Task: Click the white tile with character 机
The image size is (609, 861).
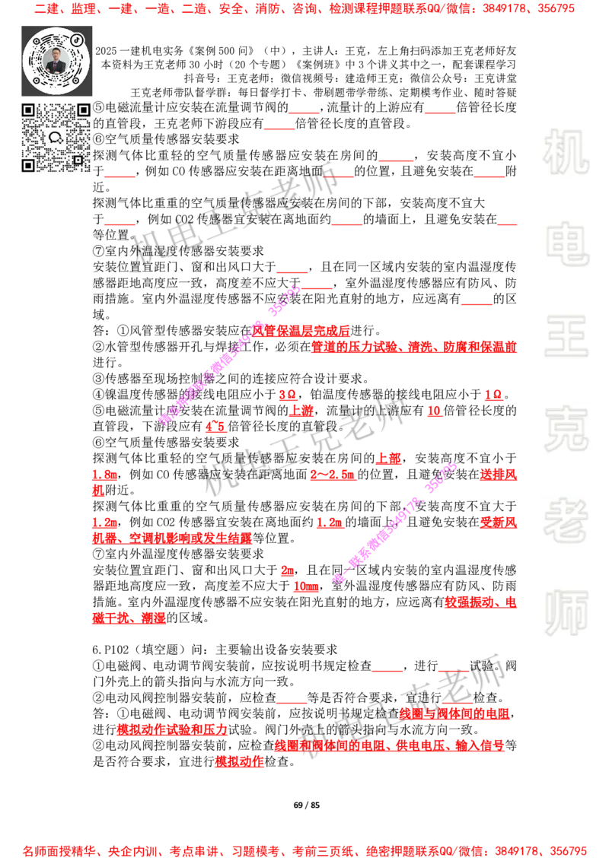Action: coord(566,152)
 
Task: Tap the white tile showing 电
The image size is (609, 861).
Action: coord(569,243)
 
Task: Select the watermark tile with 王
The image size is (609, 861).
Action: coord(566,337)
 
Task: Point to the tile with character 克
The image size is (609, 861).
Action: coord(566,429)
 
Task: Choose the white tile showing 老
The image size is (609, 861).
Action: coord(566,520)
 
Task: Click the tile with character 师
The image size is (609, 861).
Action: coord(566,615)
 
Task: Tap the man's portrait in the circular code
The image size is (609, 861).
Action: coord(56,60)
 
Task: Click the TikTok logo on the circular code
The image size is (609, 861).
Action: coord(77,39)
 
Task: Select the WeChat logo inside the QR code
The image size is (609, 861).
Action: coord(56,138)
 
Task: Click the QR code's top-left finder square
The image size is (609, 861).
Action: coord(28,110)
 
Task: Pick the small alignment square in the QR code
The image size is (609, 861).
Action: coord(77,160)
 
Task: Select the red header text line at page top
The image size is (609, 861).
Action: coord(304,10)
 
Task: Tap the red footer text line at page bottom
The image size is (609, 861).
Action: coord(304,850)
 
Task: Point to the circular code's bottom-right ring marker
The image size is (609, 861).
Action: coord(77,81)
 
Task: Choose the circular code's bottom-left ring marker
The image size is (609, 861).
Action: coord(34,81)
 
